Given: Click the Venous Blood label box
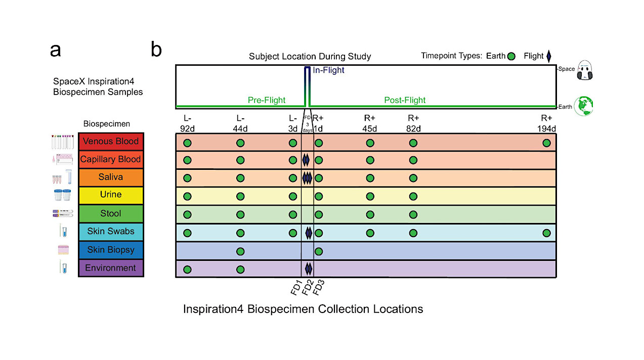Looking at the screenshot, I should pyautogui.click(x=111, y=142).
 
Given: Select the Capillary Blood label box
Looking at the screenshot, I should pyautogui.click(x=111, y=159).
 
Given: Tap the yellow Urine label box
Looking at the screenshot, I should pyautogui.click(x=111, y=195).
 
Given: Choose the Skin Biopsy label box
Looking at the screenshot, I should pyautogui.click(x=111, y=250).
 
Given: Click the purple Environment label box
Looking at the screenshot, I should pyautogui.click(x=111, y=268).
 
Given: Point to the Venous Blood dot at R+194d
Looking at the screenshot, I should pyautogui.click(x=546, y=143).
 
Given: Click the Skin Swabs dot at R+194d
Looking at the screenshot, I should pyautogui.click(x=546, y=233).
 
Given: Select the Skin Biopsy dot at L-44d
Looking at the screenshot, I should pyautogui.click(x=240, y=251).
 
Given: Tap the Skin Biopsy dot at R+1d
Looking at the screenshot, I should pyautogui.click(x=319, y=251).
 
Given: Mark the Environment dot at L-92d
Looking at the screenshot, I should pyautogui.click(x=187, y=269).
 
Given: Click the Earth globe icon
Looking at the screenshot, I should pyautogui.click(x=584, y=106).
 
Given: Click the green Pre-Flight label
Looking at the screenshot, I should pyautogui.click(x=267, y=100).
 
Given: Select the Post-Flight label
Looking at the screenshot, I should pyautogui.click(x=405, y=100).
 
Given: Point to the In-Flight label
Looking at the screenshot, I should pyautogui.click(x=328, y=71).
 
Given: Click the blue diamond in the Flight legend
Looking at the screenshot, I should pyautogui.click(x=548, y=56).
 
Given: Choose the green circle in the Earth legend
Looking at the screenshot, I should pyautogui.click(x=511, y=56).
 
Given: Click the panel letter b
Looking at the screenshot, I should pyautogui.click(x=156, y=50).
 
